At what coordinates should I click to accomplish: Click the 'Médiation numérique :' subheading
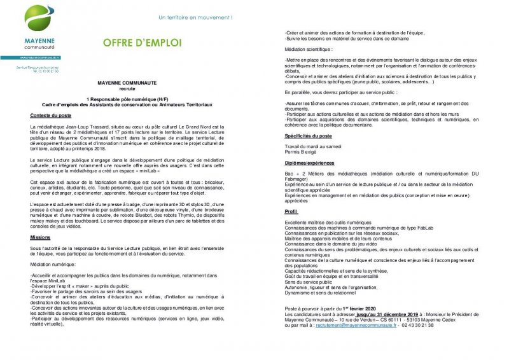(x=53, y=264)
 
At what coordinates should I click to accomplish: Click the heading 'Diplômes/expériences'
(x=309, y=162)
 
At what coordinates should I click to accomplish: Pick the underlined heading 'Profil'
(x=291, y=211)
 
